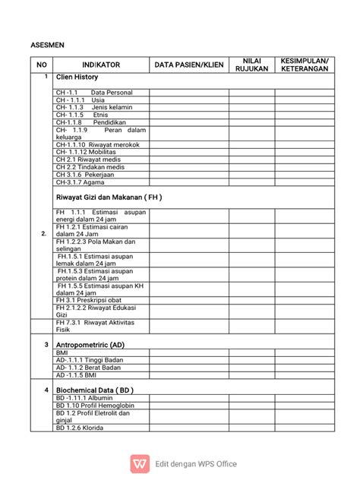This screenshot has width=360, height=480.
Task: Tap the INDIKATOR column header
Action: pyautogui.click(x=101, y=65)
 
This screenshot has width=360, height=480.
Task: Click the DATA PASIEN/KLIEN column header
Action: pyautogui.click(x=189, y=65)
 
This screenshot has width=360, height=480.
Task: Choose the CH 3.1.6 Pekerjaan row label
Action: pyautogui.click(x=85, y=174)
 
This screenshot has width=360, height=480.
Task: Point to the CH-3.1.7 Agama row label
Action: pyautogui.click(x=80, y=182)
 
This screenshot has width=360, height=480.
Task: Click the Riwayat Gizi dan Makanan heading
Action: pyautogui.click(x=109, y=197)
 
